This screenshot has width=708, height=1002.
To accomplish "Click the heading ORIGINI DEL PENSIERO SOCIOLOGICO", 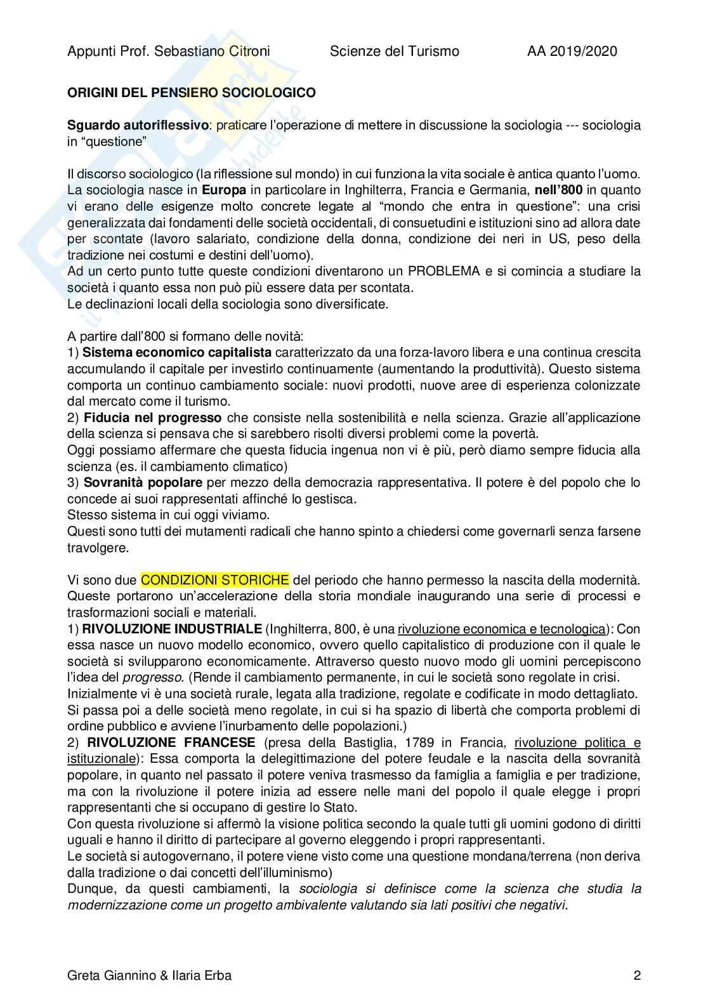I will click(191, 93).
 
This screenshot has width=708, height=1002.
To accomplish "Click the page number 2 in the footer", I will click(636, 975).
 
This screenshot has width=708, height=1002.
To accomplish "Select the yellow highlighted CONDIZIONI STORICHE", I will click(215, 579).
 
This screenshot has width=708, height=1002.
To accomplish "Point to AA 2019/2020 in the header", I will click(572, 51).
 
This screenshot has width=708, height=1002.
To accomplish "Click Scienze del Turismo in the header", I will click(394, 51).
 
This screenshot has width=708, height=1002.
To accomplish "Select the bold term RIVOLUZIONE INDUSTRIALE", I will click(172, 629).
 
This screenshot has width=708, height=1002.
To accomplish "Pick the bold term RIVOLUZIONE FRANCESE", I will click(171, 742).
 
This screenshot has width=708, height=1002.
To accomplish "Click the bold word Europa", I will click(224, 190).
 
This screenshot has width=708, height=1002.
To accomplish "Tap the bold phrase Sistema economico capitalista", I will click(177, 352).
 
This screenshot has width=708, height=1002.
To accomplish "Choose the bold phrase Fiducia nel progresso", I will click(153, 418).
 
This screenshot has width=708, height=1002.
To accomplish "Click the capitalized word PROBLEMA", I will click(443, 271).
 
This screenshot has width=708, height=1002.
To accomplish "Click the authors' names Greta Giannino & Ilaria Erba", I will click(149, 975).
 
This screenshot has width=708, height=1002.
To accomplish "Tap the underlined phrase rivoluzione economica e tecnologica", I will click(501, 629).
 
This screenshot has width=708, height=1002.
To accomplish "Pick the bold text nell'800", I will click(558, 190).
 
